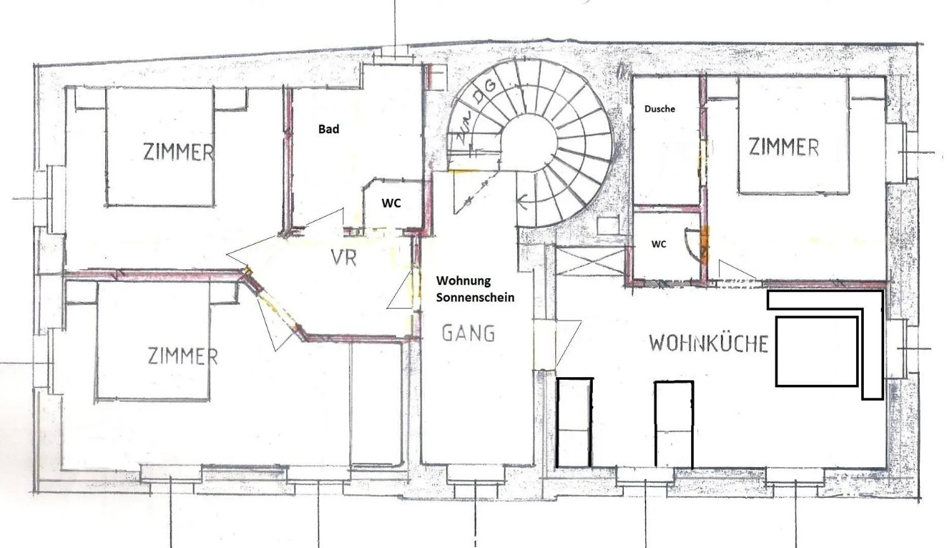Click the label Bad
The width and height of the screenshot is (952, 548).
328,129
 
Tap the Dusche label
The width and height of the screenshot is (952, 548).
659,108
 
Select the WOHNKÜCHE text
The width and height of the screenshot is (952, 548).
708,344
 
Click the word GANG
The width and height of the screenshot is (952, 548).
468,333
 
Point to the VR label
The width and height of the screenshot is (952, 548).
344,258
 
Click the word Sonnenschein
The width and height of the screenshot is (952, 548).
475,298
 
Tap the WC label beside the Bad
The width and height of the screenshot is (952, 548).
391,203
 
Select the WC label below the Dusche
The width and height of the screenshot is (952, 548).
658,244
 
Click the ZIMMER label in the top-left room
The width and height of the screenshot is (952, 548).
178,152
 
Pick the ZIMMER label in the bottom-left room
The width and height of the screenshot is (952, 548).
183,356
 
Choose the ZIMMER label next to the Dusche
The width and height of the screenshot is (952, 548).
783,147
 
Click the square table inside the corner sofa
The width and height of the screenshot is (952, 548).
816,351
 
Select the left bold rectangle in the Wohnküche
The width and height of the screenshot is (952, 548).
575,422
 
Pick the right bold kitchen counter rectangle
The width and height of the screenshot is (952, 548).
673,424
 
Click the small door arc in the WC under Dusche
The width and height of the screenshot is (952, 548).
690,242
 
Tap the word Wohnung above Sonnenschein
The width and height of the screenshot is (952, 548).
463,280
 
